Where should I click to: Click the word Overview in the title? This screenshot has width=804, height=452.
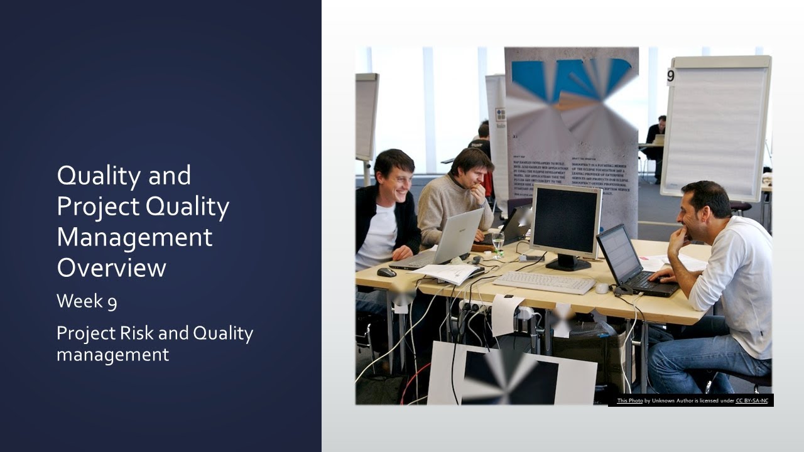click(111, 267)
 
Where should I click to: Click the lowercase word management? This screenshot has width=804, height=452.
click(112, 355)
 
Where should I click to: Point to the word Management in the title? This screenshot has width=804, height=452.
click(134, 238)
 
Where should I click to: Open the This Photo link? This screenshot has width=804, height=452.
click(629, 401)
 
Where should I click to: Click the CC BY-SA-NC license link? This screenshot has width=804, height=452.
click(752, 401)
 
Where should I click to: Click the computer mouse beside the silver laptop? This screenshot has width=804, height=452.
click(386, 272)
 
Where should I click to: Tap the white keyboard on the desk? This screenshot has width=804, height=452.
click(544, 282)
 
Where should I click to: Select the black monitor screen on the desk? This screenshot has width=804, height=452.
click(565, 219)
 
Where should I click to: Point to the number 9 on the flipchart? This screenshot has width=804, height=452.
click(671, 76)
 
